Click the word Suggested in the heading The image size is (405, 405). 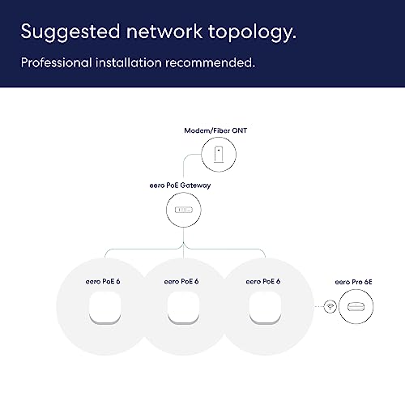pyautogui.click(x=70, y=32)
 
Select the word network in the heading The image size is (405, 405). pyautogui.click(x=164, y=31)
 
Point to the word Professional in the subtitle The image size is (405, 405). pyautogui.click(x=56, y=62)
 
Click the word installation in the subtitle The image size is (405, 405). pyautogui.click(x=129, y=62)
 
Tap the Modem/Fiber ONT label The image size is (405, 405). pyautogui.click(x=215, y=130)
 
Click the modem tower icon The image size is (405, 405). pyautogui.click(x=219, y=154)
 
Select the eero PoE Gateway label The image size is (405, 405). pyautogui.click(x=180, y=185)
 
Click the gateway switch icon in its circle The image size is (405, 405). pyautogui.click(x=184, y=210)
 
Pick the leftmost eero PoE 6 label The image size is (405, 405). pyautogui.click(x=103, y=281)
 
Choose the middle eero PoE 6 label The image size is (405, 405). pyautogui.click(x=181, y=281)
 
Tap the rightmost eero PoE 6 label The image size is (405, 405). pyautogui.click(x=263, y=281)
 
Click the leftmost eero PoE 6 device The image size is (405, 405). pyautogui.click(x=104, y=308)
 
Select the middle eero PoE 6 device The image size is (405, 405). pyautogui.click(x=183, y=308)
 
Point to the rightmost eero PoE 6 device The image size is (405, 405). pyautogui.click(x=265, y=308)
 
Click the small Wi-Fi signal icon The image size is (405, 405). pyautogui.click(x=330, y=306)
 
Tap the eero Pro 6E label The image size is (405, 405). pyautogui.click(x=353, y=282)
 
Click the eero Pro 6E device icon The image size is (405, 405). pyautogui.click(x=356, y=307)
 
